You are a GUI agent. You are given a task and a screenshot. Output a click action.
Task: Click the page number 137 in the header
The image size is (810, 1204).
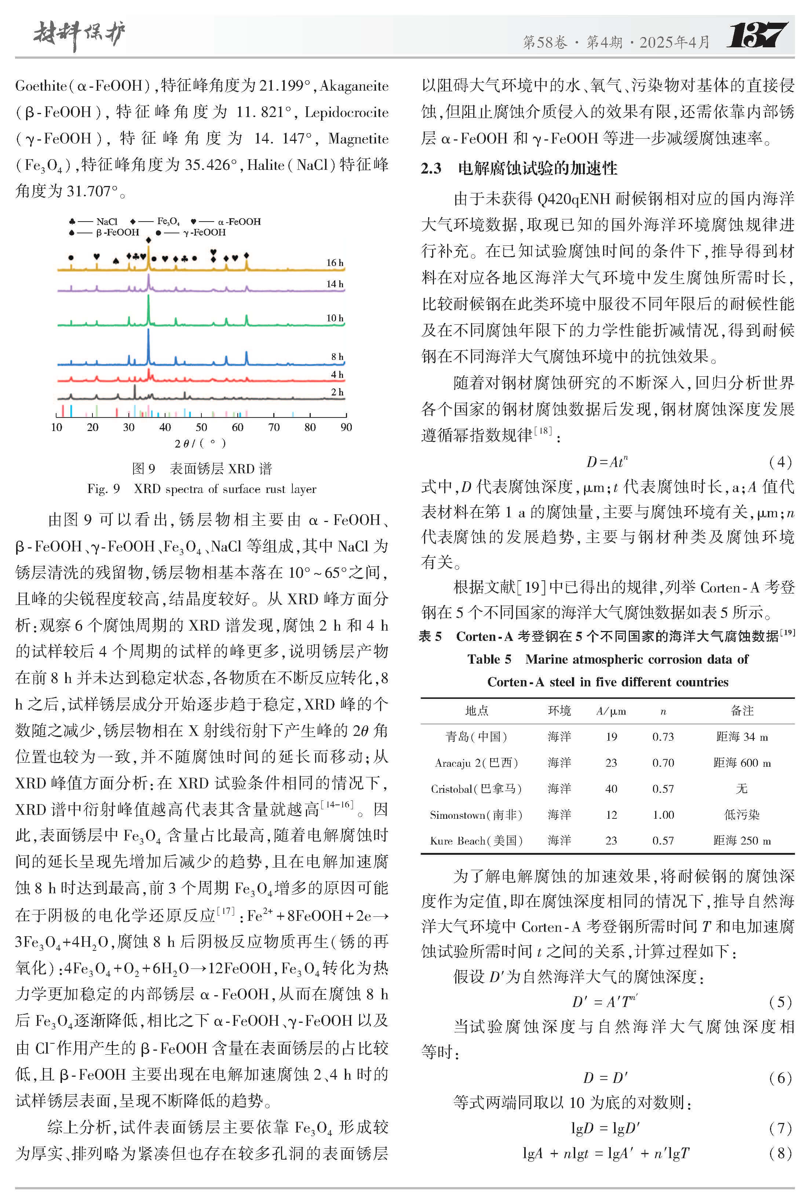757,36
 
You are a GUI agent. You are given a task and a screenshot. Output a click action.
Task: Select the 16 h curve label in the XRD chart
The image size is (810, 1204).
334,263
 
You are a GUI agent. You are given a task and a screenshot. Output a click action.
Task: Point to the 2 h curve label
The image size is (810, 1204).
337,392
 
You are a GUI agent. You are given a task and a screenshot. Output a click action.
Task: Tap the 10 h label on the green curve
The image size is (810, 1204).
334,318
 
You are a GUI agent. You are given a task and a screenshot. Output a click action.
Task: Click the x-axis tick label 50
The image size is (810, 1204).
201,427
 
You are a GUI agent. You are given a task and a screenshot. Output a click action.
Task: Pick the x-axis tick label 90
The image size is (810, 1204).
346,427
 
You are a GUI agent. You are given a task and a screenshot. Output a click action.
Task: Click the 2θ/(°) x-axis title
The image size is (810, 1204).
200,443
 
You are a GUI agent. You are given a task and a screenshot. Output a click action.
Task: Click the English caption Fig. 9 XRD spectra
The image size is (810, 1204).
201,489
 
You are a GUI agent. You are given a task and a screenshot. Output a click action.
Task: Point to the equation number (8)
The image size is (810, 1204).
780,1153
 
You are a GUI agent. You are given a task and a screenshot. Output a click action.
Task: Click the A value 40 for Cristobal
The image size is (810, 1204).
611,789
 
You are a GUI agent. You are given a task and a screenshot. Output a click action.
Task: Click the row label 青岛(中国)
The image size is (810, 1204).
476,737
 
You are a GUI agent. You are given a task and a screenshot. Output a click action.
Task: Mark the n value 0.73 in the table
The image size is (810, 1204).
663,737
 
